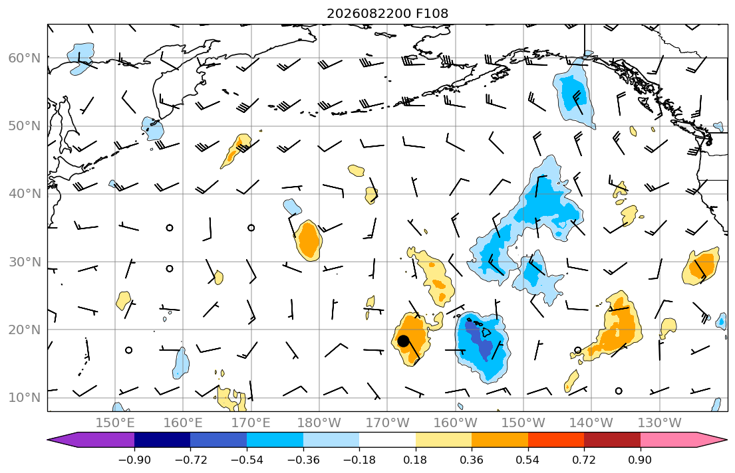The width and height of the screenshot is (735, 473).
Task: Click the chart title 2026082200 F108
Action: click(x=387, y=13)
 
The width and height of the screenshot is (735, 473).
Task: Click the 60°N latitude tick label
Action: click(x=25, y=58)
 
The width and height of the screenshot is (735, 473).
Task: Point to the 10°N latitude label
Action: click(x=25, y=398)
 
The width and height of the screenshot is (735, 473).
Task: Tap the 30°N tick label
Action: click(x=25, y=262)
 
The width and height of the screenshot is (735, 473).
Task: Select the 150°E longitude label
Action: click(x=115, y=423)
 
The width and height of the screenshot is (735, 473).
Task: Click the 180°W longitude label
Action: click(x=319, y=423)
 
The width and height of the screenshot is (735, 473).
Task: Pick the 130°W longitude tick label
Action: click(x=660, y=423)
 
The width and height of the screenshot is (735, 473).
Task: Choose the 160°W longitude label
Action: click(x=455, y=423)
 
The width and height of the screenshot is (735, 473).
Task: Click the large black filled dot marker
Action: click(x=403, y=341)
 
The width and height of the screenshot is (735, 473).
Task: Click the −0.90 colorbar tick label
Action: click(x=134, y=460)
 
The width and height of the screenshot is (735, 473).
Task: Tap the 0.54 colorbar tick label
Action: click(x=528, y=460)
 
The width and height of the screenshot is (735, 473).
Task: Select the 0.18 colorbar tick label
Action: click(x=415, y=460)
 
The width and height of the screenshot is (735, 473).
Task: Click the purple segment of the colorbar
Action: click(x=94, y=440)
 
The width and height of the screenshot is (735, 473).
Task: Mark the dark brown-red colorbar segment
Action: click(x=612, y=440)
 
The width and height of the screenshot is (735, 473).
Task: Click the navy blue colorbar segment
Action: click(x=162, y=440)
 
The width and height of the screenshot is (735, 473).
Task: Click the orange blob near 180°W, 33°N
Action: click(x=308, y=240)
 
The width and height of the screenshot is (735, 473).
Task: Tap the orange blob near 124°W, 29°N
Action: click(x=701, y=266)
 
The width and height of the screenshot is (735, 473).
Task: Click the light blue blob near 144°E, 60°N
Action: click(x=80, y=58)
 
